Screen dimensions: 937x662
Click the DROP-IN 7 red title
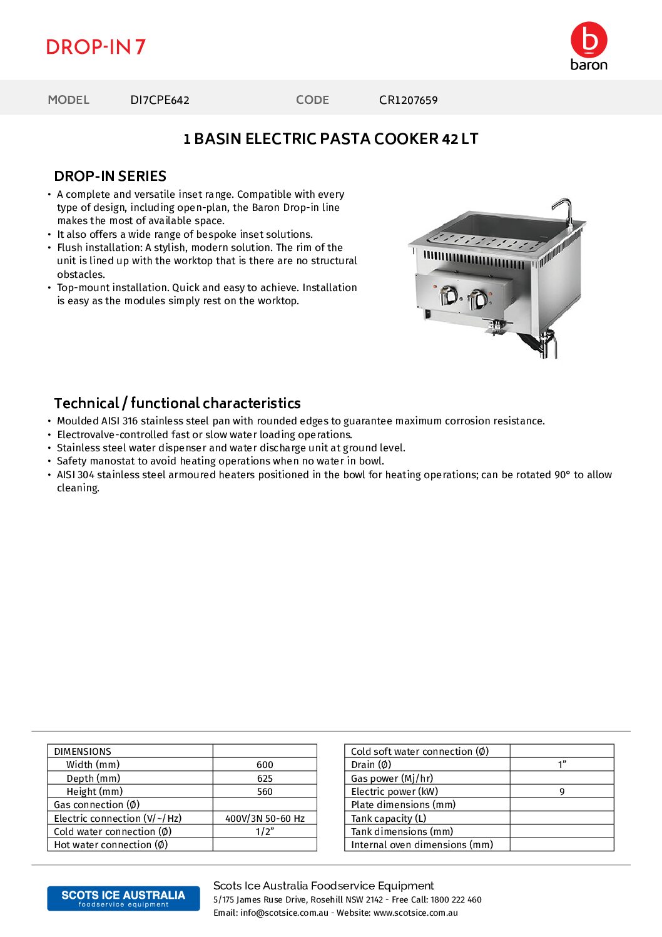point(96,47)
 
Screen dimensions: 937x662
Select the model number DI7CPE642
point(160,100)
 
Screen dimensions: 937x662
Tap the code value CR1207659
point(408,100)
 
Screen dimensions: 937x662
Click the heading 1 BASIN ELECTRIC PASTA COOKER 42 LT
point(330,139)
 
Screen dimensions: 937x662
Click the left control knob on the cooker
point(448,295)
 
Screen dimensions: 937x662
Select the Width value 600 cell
point(265,765)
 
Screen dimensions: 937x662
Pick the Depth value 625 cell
point(265,779)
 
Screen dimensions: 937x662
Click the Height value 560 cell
point(265,792)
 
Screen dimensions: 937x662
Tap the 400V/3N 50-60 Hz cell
point(265,819)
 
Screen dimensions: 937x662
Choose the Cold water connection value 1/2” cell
point(265,832)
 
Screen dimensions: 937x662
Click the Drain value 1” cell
point(562,765)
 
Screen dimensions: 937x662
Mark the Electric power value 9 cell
point(562,792)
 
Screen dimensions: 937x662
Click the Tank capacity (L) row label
point(389,819)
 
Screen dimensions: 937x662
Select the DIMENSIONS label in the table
point(83,752)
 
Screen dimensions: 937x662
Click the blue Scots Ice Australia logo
point(123,898)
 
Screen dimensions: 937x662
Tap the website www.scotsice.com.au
point(415,913)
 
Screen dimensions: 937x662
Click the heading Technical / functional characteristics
point(177,404)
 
